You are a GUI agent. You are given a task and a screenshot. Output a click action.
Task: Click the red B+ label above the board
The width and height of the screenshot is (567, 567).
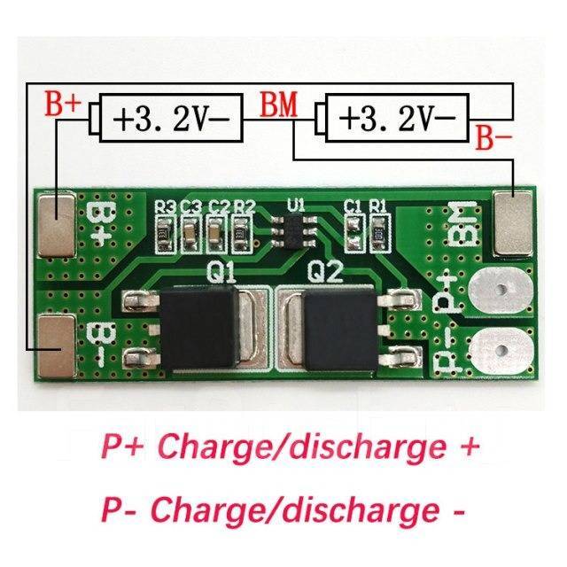[63, 103]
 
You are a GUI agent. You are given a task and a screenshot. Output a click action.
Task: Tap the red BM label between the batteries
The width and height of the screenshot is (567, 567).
[279, 105]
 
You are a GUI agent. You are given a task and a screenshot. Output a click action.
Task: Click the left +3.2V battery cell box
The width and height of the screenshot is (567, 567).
[171, 118]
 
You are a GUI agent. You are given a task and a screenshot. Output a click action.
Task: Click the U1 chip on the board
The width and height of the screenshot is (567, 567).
[294, 231]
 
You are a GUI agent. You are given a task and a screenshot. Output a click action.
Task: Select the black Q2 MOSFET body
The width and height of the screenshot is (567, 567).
[340, 330]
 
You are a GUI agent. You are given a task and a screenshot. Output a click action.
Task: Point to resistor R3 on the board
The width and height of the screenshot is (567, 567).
[164, 234]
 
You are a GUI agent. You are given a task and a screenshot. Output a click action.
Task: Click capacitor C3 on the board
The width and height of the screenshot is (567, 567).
[190, 234]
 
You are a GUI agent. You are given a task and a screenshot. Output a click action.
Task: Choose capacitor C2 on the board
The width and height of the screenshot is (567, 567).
[216, 234]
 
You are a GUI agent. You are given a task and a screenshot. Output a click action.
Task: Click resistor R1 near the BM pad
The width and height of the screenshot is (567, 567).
[380, 233]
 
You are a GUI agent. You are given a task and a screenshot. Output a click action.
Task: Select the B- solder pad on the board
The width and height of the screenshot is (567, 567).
[57, 346]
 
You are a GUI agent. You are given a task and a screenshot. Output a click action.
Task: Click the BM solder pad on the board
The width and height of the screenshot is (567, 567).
[512, 223]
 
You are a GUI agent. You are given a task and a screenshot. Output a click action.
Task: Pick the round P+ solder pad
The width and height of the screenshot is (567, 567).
[501, 289]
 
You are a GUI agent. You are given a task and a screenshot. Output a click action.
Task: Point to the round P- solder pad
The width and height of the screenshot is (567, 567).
[501, 350]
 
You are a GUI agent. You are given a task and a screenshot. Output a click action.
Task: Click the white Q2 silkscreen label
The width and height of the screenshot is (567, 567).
[324, 271]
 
